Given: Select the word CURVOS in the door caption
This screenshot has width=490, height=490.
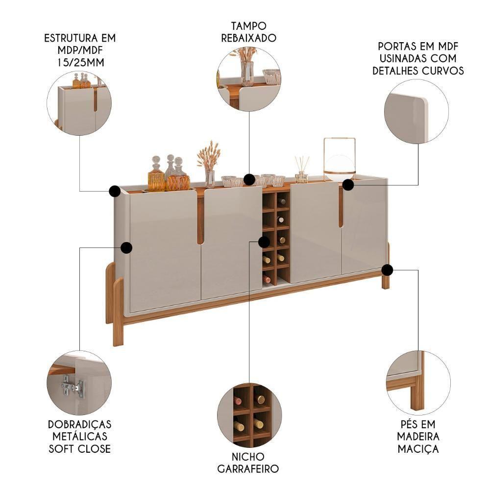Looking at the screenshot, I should (x=446, y=71).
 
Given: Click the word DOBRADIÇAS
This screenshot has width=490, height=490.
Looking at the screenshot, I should (x=79, y=424).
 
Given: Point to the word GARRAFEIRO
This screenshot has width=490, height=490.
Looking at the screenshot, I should (x=248, y=469).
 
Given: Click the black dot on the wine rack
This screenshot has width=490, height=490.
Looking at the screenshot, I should (x=264, y=241).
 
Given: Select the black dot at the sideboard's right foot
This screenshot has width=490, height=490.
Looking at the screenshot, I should (x=387, y=269).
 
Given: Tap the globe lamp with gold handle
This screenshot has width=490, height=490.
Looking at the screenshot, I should (x=339, y=159).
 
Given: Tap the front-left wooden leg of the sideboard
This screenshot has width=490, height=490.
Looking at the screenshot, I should (x=117, y=311).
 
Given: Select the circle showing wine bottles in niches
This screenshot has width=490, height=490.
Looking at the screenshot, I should (x=249, y=416).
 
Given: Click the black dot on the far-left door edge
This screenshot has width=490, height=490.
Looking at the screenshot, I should (x=126, y=247).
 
